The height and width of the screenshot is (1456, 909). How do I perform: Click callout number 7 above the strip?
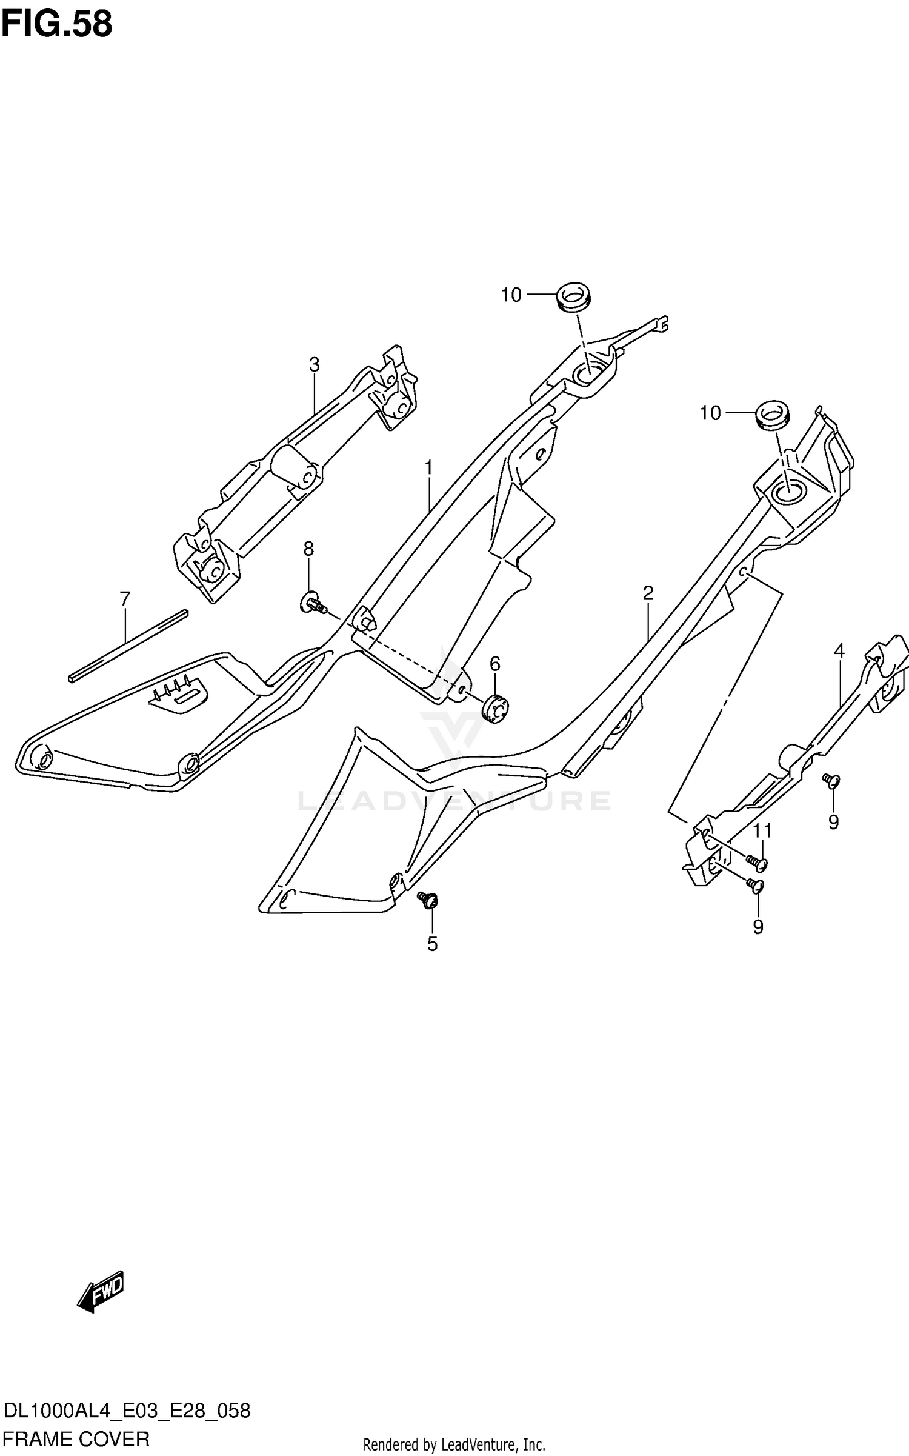click(x=125, y=599)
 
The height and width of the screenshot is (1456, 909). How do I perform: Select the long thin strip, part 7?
click(x=128, y=646)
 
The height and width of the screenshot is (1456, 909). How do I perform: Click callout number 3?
click(x=314, y=364)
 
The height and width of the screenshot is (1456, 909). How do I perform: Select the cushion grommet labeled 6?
click(x=495, y=708)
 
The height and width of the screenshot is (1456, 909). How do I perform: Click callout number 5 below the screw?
click(x=432, y=944)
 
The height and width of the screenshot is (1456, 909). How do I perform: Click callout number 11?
click(x=762, y=830)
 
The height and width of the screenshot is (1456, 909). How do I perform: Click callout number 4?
click(x=839, y=651)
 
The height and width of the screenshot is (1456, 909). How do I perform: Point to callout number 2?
click(x=648, y=593)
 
